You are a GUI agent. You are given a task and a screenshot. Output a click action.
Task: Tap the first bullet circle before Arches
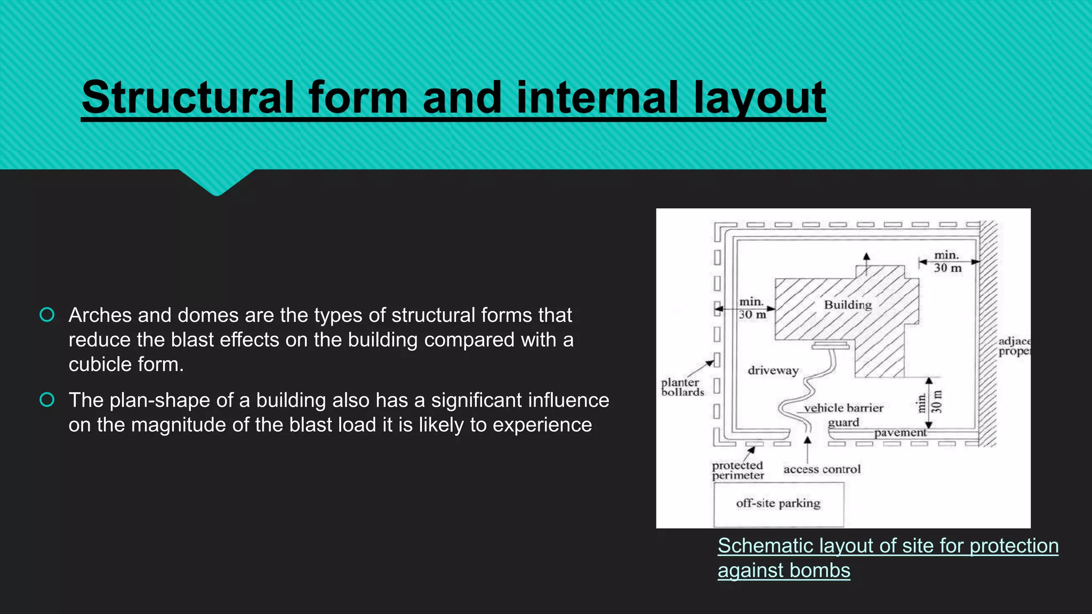click(47, 315)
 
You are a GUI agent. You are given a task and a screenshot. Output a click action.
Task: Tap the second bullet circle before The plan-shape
click(47, 400)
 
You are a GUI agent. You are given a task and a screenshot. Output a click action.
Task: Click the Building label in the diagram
click(848, 305)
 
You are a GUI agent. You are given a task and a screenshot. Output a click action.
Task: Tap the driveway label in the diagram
click(773, 370)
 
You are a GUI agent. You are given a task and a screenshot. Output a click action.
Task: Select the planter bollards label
click(681, 387)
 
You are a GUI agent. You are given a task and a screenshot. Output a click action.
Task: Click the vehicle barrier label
click(843, 408)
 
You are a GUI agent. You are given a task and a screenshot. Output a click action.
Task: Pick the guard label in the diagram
click(843, 423)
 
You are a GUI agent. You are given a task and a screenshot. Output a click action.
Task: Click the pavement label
click(900, 432)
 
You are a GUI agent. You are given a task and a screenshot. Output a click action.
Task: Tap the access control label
click(822, 470)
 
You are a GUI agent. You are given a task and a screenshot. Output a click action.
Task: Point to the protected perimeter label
click(737, 470)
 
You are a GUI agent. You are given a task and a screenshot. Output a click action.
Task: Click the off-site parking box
click(778, 504)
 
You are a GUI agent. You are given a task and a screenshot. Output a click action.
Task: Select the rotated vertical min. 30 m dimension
click(929, 402)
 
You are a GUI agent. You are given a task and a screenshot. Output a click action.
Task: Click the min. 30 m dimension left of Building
click(752, 309)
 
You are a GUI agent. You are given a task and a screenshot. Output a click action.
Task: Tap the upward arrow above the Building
click(866, 260)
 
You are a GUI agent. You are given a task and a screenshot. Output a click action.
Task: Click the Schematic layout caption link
click(887, 546)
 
